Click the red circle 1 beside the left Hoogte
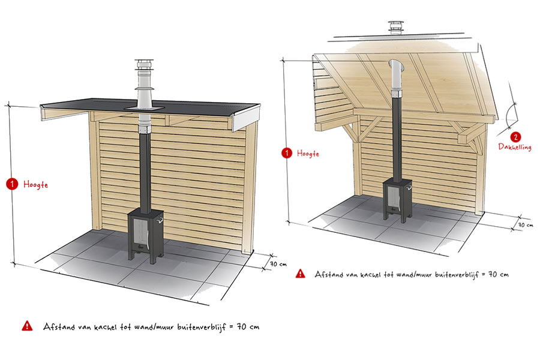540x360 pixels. click(12, 184)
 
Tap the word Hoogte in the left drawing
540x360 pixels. click(35, 185)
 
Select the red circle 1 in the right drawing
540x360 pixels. click(287, 153)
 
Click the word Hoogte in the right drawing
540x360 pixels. click(308, 154)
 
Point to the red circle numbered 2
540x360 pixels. click(515, 137)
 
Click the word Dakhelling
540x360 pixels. click(515, 147)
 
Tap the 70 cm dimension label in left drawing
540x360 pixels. click(278, 264)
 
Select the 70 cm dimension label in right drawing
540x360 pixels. click(526, 225)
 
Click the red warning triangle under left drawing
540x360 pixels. click(27, 326)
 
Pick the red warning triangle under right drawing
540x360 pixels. click(301, 274)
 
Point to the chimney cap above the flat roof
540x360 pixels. click(142, 65)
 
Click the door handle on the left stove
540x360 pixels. click(159, 220)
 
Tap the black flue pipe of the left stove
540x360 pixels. click(145, 172)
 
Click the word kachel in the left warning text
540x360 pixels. click(104, 326)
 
